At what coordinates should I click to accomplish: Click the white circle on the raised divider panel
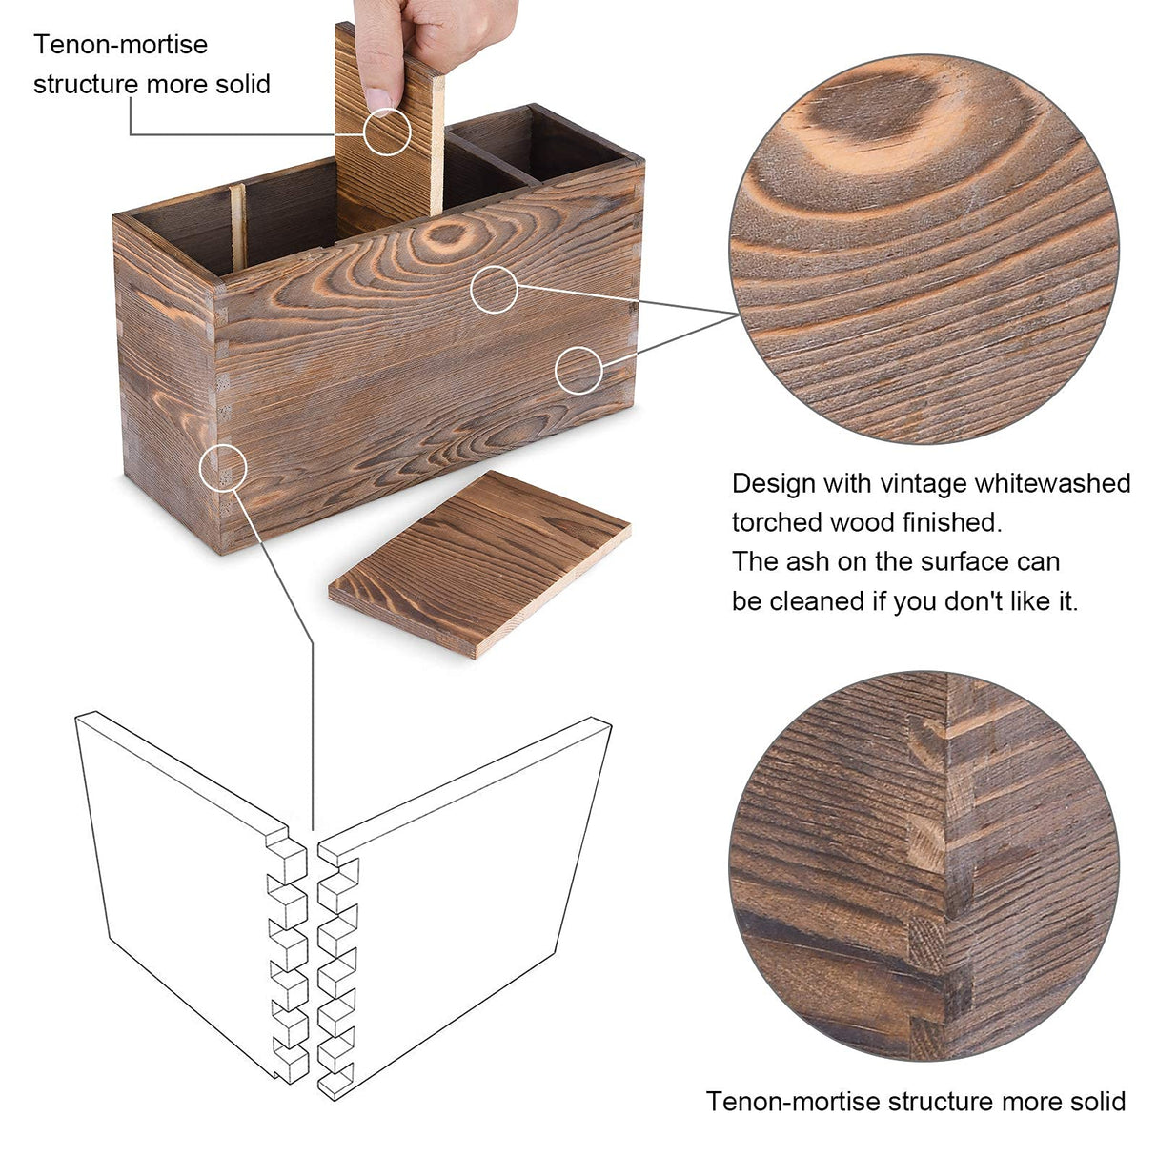point(387,132)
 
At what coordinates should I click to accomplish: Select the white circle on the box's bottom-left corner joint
point(223,468)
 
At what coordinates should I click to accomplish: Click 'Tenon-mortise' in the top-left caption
point(121,45)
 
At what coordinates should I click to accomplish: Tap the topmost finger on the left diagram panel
point(287,860)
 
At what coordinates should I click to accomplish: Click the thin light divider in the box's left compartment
point(238,227)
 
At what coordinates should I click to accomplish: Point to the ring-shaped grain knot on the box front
point(447,234)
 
